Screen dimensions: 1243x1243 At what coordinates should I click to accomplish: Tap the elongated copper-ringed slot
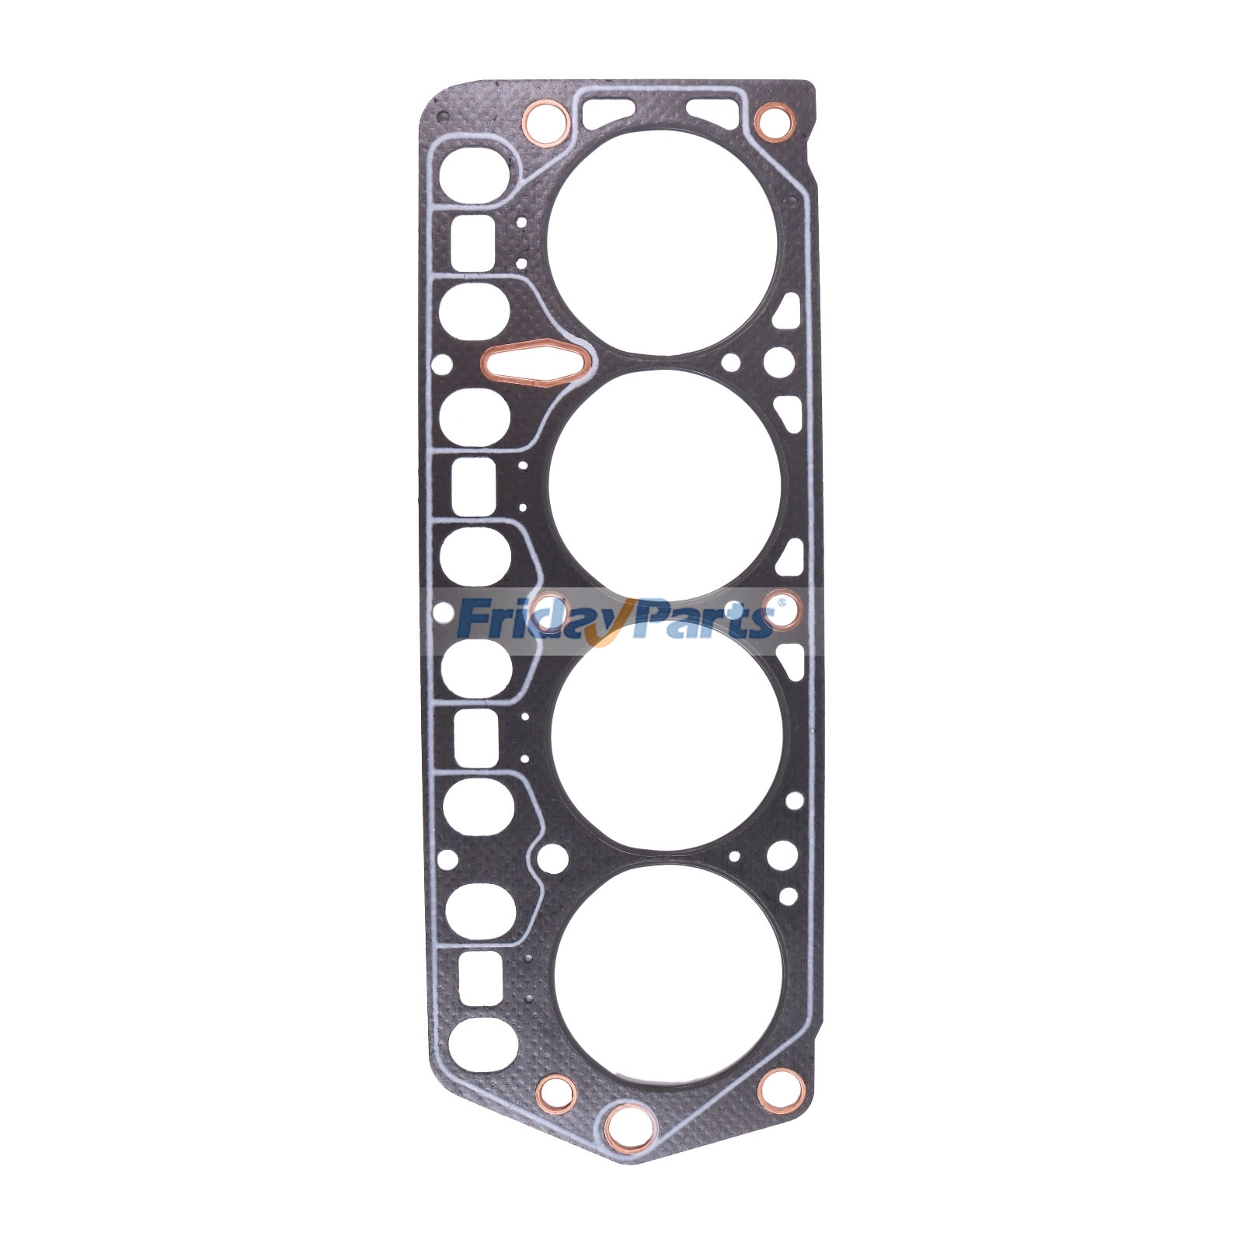click(535, 363)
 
